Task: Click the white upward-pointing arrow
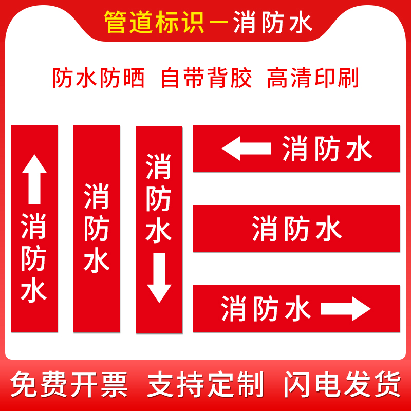tap(34, 180)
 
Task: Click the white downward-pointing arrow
tap(159, 277)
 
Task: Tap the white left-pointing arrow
tap(246, 149)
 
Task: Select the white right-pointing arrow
tap(346, 309)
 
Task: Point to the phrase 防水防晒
tap(99, 78)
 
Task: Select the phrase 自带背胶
tap(207, 78)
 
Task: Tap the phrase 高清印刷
tap(313, 78)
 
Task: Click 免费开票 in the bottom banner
tap(69, 384)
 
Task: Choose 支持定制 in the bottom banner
tap(206, 384)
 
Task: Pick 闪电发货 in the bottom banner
tap(342, 384)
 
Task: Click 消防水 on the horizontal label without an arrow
tap(296, 229)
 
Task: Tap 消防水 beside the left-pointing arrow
tap(327, 149)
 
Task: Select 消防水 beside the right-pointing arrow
tap(266, 309)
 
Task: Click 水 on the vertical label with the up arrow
tap(34, 291)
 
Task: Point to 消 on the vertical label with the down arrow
tap(158, 165)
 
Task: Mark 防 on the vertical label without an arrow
tap(97, 228)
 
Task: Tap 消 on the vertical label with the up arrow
tap(34, 226)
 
